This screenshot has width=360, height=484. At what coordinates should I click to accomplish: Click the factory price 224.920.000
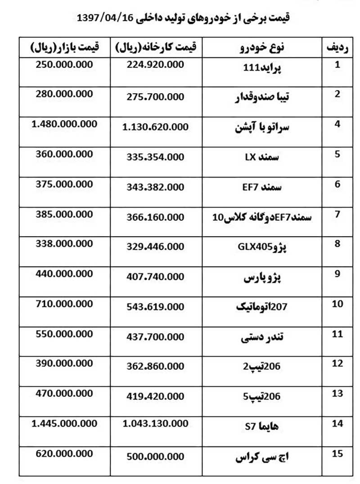click(x=153, y=65)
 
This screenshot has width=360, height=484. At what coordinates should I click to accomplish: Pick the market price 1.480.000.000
click(x=64, y=124)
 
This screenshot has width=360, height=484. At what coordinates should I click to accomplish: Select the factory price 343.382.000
click(x=153, y=187)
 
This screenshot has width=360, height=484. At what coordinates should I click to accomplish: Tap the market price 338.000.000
click(x=64, y=243)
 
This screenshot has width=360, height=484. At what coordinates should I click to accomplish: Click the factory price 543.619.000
click(x=153, y=307)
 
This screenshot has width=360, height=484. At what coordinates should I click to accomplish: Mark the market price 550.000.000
click(x=64, y=333)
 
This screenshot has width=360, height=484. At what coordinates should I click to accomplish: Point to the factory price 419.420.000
click(x=153, y=396)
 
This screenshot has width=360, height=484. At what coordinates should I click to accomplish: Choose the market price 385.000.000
click(x=64, y=214)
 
